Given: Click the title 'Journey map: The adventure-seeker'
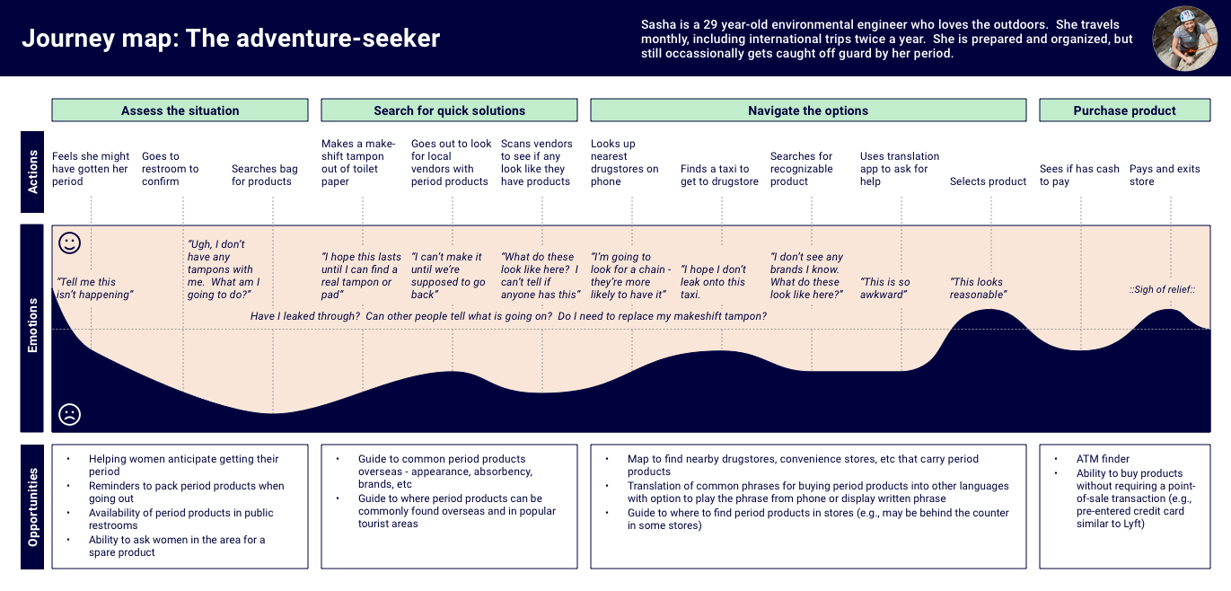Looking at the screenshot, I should [231, 39].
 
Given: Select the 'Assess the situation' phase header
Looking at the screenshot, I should [180, 110].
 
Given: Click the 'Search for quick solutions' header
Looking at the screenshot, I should [449, 110].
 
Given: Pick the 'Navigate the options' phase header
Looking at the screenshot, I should [808, 110].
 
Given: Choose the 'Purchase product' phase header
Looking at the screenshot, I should [1124, 110].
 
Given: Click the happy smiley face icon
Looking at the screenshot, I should [69, 243].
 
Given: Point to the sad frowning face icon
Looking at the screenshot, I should [69, 414].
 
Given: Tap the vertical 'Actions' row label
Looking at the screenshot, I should [33, 172].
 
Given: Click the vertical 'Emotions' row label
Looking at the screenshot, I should [33, 328].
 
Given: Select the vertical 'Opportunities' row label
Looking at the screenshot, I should [33, 507].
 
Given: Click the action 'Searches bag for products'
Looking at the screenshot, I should [264, 175].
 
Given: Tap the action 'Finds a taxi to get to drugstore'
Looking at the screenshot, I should [719, 175].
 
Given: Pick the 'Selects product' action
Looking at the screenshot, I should [988, 181].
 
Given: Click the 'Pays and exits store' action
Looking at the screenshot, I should [1165, 175].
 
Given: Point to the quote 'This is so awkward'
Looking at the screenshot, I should [885, 288].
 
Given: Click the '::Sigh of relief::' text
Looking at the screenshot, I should [1163, 289].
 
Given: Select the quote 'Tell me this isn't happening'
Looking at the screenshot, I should [93, 288].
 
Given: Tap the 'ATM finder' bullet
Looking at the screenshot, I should [1103, 459].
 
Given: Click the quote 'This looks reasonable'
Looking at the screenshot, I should [978, 288].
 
